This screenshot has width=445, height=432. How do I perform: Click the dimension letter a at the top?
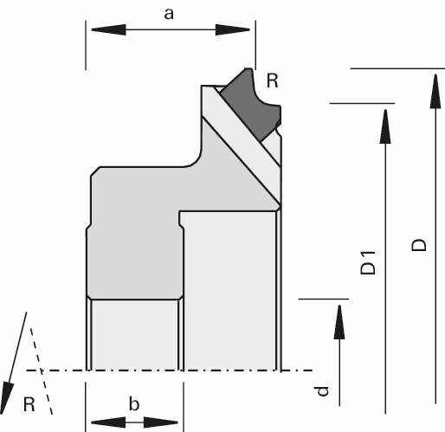tap(169, 15)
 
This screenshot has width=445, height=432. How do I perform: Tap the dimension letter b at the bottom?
tap(134, 403)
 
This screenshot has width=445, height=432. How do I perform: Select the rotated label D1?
tap(368, 263)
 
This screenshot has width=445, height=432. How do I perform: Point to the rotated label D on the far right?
tap(418, 245)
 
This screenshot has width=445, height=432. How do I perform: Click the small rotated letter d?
tap(321, 391)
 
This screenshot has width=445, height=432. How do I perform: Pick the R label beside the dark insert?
tap(273, 81)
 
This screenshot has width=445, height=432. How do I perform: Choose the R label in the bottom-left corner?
tap(29, 404)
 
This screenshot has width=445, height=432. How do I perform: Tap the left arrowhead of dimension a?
tap(108, 29)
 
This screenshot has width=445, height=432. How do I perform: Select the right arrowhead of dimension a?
tap(233, 29)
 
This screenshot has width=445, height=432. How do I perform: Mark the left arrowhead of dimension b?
tap(108, 422)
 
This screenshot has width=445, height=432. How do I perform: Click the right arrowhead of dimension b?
tap(161, 422)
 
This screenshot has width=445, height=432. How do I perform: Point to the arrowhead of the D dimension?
tap(435, 92)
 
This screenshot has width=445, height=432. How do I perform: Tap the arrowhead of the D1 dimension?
tap(385, 126)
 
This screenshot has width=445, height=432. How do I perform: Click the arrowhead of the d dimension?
tap(339, 322)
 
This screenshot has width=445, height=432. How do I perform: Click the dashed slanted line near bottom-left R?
tap(42, 371)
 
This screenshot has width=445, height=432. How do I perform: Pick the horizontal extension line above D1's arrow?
tap(362, 103)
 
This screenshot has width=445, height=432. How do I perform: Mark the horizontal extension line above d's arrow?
tap(324, 299)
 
